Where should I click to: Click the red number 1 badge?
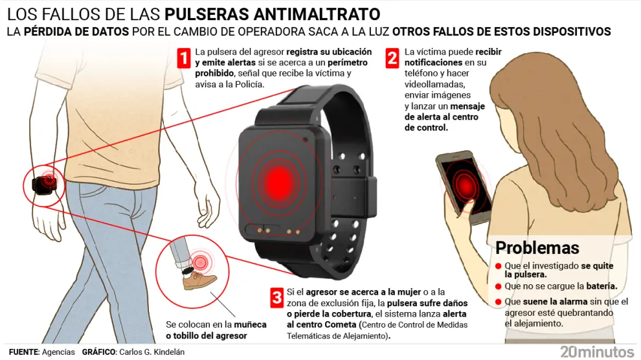point(184,58)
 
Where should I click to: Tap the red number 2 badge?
point(392,58)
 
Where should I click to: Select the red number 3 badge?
point(276,298)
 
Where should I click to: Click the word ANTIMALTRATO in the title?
point(317,14)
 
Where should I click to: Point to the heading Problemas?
point(537,247)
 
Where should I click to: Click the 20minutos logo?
point(597,352)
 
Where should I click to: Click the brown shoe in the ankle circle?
point(199,281)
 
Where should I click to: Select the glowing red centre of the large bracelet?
point(279,180)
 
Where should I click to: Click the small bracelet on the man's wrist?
point(43,185)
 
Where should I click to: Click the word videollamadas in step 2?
point(435,84)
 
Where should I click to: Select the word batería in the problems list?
point(602,286)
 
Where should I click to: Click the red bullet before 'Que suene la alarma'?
point(499,302)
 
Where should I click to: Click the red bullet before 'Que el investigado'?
point(499,266)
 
